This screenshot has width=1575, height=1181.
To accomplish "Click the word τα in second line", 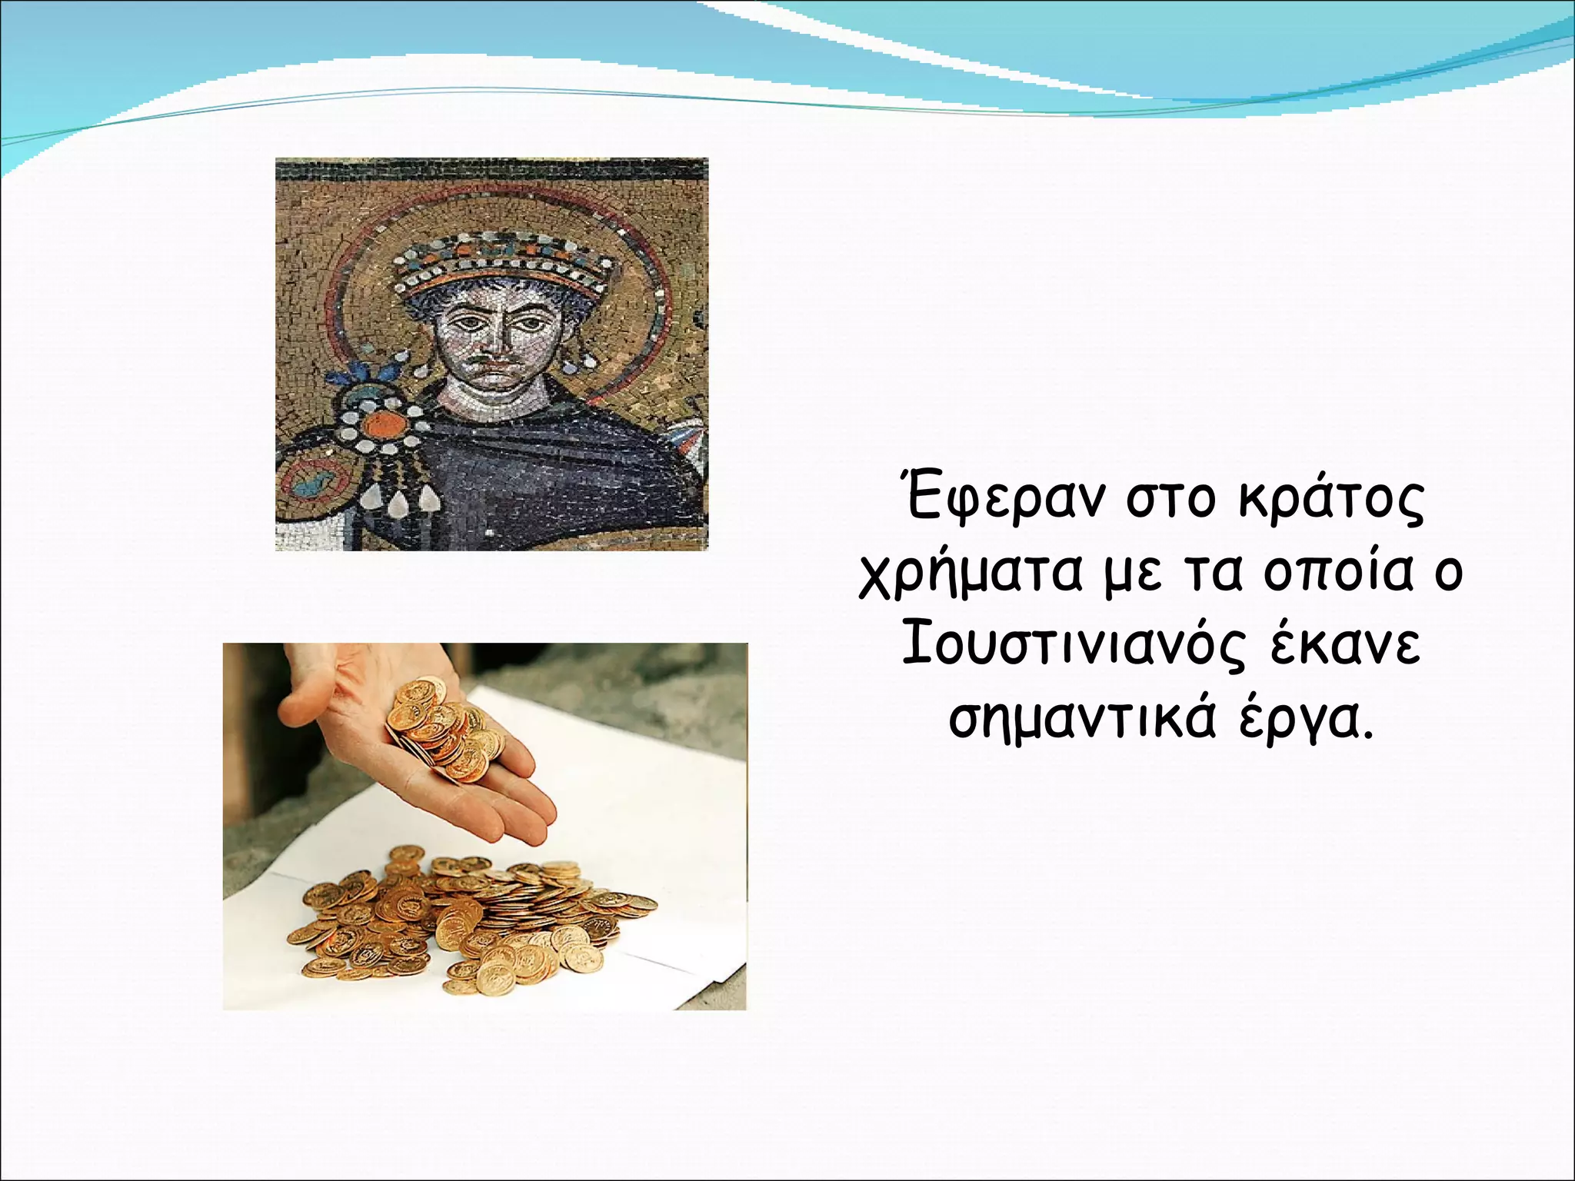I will pyautogui.click(x=1216, y=574).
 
